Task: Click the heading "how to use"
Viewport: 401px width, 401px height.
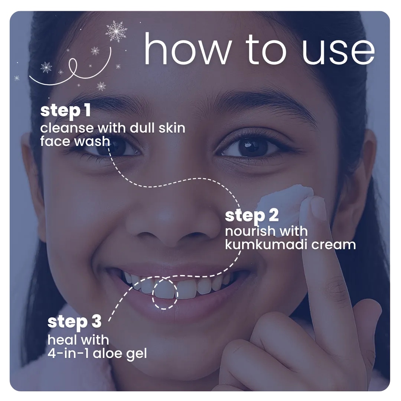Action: pos(259,49)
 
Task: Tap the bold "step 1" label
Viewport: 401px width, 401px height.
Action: pos(65,111)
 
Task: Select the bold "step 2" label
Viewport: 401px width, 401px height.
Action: pos(252,216)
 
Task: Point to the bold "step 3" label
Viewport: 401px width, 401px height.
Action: pos(74,322)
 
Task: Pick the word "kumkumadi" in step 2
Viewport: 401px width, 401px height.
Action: pos(266,244)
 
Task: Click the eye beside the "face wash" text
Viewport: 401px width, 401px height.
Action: pos(116,148)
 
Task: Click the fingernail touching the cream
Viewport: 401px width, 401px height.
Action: pos(318,208)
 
